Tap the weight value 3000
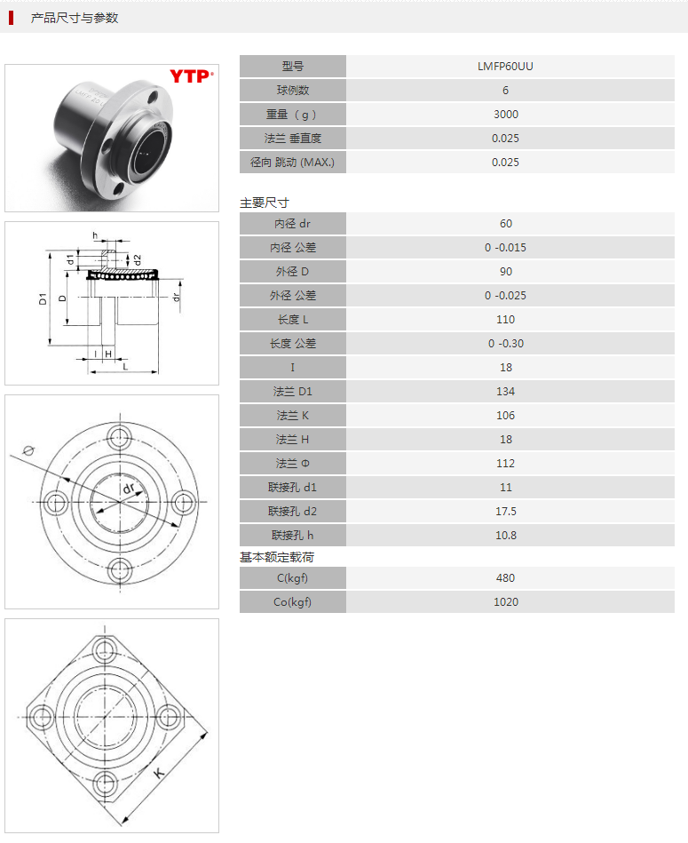[505, 114]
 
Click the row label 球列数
[293, 90]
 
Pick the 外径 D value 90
[505, 271]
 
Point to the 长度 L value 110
[505, 319]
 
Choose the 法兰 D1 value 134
[505, 391]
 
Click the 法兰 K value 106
[505, 415]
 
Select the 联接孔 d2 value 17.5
[505, 511]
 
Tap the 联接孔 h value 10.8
[505, 535]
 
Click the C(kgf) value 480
[505, 577]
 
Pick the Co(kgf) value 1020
[505, 601]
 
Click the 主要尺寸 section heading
[265, 203]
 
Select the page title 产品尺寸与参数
[75, 18]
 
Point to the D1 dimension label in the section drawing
[42, 298]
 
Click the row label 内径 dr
[293, 223]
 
